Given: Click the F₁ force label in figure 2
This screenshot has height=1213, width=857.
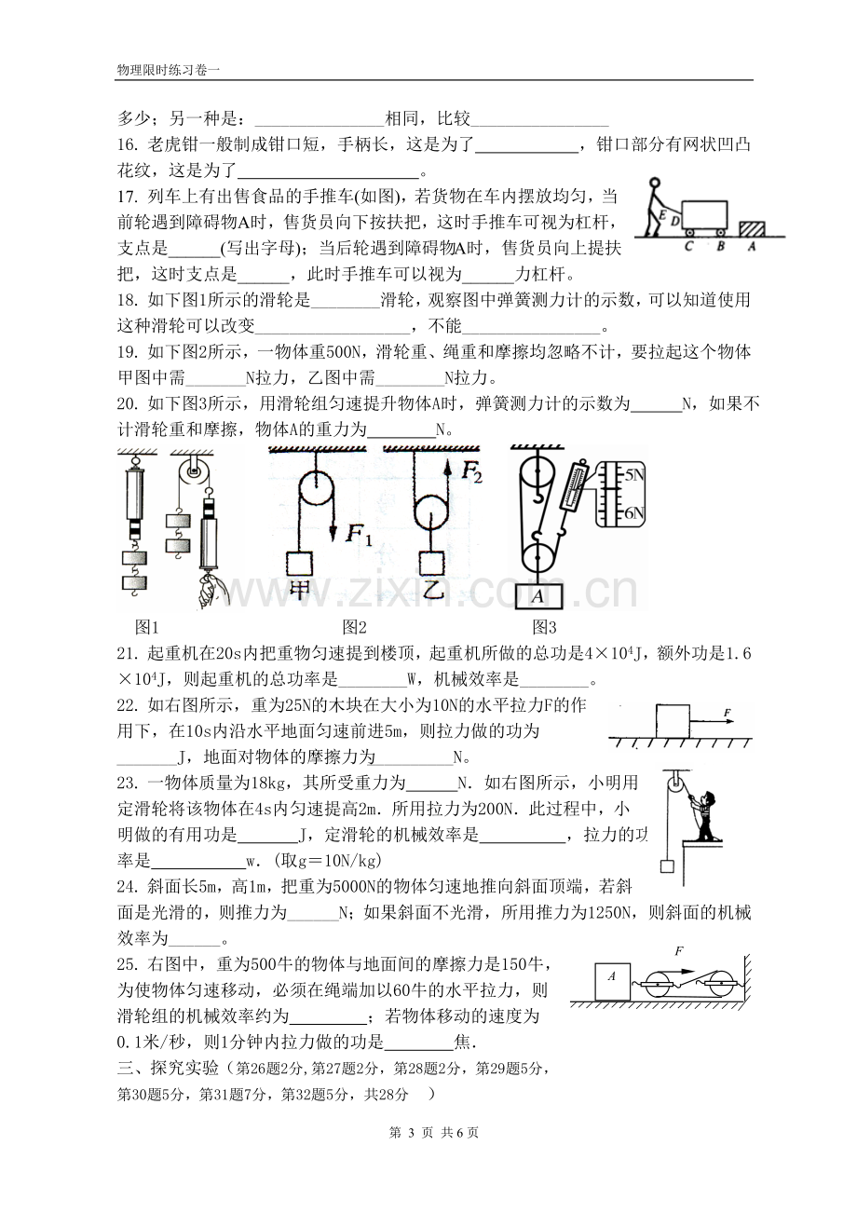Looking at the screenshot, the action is click(359, 535).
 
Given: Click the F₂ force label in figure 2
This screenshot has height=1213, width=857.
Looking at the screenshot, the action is click(471, 470).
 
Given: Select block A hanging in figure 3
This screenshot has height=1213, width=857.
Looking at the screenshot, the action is click(538, 596).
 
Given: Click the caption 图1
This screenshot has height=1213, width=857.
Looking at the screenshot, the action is click(146, 627).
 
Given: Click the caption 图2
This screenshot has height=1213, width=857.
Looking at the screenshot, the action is click(355, 627).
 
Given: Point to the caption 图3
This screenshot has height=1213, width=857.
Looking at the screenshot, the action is click(544, 627).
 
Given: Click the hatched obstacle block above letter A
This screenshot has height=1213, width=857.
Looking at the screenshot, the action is click(752, 228).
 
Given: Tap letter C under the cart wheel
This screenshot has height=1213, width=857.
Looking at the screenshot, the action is click(688, 246).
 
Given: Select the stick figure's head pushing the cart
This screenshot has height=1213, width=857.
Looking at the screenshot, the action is click(655, 183).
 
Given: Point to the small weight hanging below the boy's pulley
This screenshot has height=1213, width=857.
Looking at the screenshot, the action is click(668, 865).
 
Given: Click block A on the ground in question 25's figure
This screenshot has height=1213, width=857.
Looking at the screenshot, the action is click(612, 982).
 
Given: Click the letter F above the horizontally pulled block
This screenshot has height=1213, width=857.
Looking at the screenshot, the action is click(728, 713).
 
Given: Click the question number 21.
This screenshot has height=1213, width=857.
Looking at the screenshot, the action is click(128, 654).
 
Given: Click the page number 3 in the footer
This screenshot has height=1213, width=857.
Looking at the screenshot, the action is click(410, 1132).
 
